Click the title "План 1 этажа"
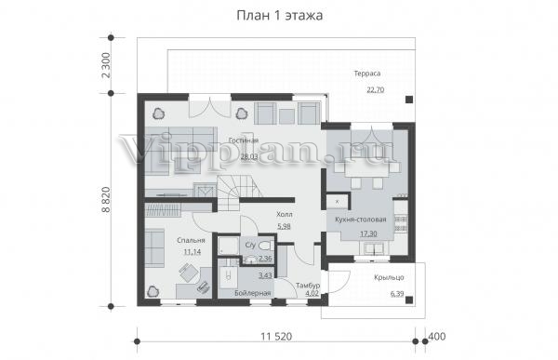280,16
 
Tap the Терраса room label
367,73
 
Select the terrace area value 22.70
376,89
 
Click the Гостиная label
244,140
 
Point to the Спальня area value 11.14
193,252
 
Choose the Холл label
285,214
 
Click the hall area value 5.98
284,226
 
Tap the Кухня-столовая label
361,220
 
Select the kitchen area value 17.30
368,233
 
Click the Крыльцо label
389,277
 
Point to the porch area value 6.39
397,294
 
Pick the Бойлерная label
253,293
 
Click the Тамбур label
308,286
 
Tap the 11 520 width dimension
276,337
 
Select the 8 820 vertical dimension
106,200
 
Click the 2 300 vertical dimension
106,65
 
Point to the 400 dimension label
437,337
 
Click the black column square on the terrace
409,100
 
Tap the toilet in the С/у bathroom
265,246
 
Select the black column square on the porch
409,300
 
